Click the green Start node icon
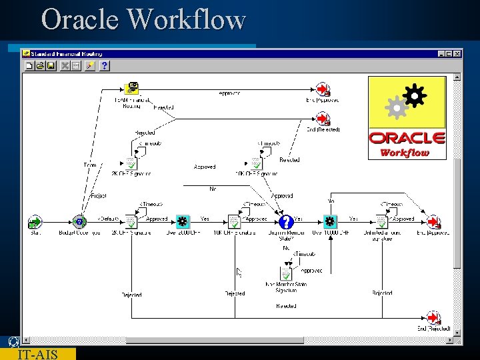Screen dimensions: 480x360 coord(35,222)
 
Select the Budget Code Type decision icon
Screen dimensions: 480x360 coord(80,222)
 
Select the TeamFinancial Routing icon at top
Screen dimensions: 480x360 coord(132,89)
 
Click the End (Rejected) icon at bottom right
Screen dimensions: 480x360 coord(433,318)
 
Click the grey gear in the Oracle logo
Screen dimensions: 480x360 coord(397,108)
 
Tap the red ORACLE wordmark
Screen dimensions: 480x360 coord(407,138)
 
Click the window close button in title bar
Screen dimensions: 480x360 coord(457,53)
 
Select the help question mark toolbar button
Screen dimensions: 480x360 coord(105,65)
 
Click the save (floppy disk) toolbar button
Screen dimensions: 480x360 coord(51,65)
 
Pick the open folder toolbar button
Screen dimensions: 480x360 coord(40,65)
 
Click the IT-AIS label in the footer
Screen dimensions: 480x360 coord(37,354)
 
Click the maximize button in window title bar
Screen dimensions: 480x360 coord(448,53)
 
